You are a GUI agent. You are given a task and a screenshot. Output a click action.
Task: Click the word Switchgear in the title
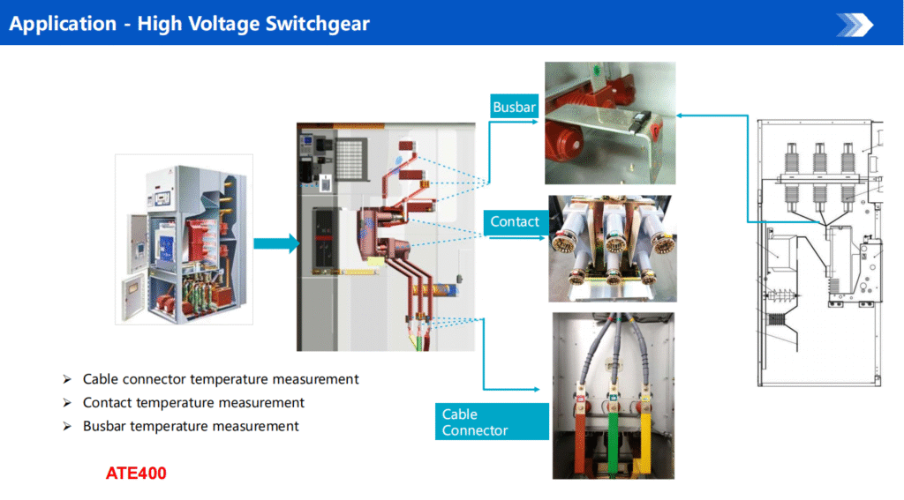(318, 24)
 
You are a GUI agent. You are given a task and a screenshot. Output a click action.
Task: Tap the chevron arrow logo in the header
(855, 25)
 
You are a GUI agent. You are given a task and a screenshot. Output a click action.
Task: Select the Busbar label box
(515, 107)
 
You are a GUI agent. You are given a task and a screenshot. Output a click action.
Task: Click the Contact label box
(515, 222)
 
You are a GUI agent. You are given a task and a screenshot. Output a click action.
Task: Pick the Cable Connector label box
(492, 422)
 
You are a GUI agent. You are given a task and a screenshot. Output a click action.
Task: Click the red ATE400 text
(136, 474)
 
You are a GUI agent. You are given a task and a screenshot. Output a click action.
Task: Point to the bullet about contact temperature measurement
(193, 403)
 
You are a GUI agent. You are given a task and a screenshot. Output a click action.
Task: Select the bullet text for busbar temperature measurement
(191, 426)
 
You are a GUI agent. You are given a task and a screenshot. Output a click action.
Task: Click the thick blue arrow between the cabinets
(276, 243)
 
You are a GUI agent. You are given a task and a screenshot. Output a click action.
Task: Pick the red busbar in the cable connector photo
(580, 437)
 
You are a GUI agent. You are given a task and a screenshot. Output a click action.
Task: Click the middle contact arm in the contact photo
(613, 242)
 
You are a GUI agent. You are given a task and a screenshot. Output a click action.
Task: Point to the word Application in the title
(63, 24)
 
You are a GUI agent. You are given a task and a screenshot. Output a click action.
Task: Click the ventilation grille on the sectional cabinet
(350, 159)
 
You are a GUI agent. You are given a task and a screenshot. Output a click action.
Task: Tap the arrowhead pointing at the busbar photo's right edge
(681, 116)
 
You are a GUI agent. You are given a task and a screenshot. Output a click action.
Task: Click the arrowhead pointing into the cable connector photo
(536, 390)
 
